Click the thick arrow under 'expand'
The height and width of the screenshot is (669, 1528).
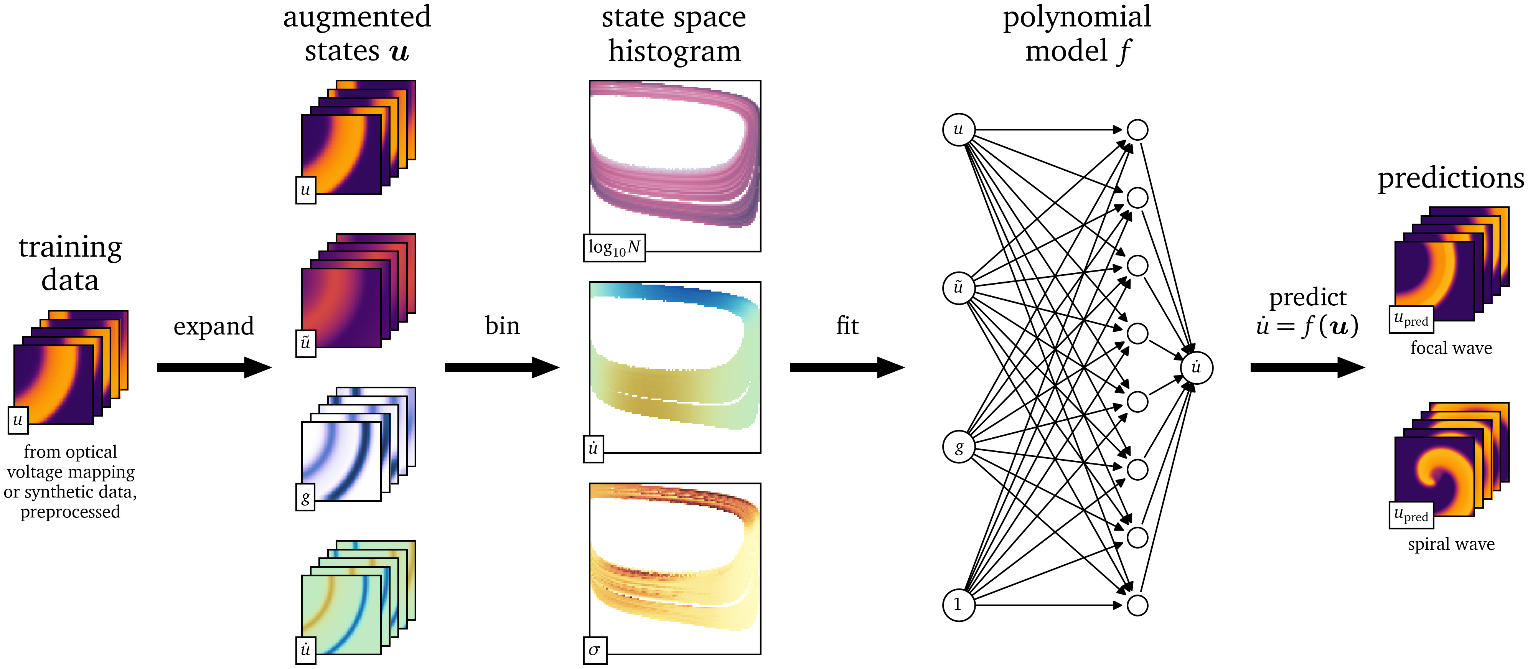pos(214,367)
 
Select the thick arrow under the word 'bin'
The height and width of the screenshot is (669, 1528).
pos(502,367)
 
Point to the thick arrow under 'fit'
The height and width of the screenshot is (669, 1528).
pos(846,367)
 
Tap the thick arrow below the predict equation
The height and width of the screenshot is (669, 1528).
pos(1307,367)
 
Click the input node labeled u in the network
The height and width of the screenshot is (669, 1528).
pos(958,129)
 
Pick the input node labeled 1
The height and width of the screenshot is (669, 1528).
pos(958,605)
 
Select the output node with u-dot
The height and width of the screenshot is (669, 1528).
pos(1197,368)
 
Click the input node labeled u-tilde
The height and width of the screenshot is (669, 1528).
pos(958,288)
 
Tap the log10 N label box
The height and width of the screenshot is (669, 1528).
pos(614,247)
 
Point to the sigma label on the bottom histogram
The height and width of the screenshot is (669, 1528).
pos(594,651)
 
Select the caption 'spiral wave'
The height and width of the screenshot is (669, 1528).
pos(1451,544)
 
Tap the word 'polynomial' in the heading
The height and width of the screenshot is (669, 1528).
pos(1076,16)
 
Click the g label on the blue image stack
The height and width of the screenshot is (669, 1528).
pos(305,497)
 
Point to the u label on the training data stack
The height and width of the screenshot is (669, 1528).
pos(18,420)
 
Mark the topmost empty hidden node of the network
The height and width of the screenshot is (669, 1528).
pos(1137,130)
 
